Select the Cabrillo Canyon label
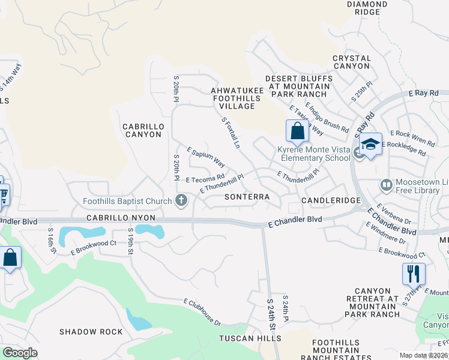pos(142,130)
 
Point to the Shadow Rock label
pos(91,332)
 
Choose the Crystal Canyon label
pos(352,62)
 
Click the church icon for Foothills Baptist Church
pos(181,200)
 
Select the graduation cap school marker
pos(370,144)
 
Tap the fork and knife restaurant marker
pos(414,274)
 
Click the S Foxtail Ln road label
pos(231,133)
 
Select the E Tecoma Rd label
pos(205,179)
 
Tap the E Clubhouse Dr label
pos(202,312)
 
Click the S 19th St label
pos(130,242)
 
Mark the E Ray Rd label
pos(423,94)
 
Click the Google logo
pos(20,353)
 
